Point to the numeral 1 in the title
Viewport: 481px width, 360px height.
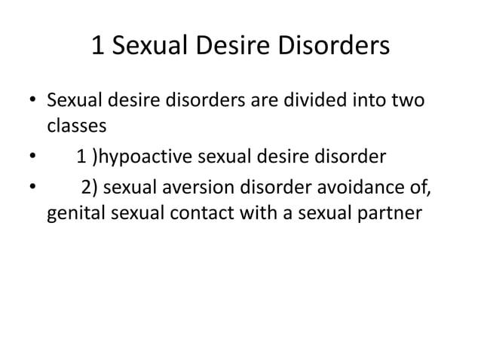click(x=97, y=47)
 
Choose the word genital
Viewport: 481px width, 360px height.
click(x=76, y=215)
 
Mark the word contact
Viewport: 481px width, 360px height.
click(x=206, y=215)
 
